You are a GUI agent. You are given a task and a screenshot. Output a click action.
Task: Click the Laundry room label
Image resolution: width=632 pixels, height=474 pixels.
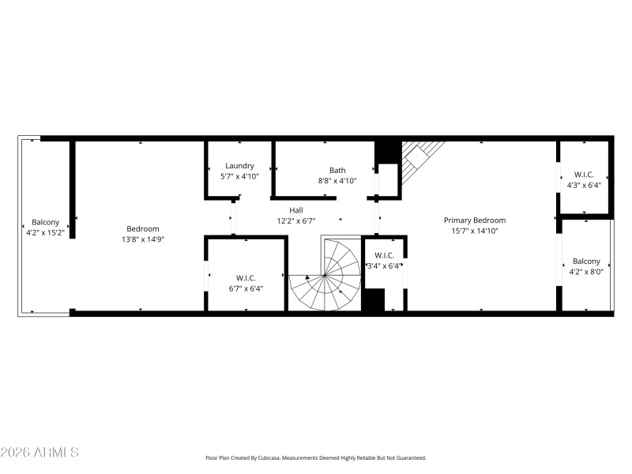[239, 166]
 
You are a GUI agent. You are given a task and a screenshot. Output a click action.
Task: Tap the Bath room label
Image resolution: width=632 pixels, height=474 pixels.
[337, 170]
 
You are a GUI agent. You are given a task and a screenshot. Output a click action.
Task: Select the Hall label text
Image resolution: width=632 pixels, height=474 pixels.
[295, 210]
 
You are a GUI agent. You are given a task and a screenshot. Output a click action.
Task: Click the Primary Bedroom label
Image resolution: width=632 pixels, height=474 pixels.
[474, 220]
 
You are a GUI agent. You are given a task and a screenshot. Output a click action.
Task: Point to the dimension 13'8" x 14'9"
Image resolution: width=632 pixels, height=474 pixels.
[143, 239]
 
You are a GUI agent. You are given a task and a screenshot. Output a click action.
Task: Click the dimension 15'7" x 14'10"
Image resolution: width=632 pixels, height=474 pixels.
[474, 231]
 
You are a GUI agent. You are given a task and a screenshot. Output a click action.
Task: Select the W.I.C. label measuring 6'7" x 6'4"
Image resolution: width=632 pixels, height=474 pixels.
[245, 277]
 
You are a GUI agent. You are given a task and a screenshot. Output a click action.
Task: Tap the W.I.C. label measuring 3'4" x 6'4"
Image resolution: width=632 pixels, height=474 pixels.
[384, 255]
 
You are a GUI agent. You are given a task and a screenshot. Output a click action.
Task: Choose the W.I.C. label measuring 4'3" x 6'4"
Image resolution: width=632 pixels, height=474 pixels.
[584, 175]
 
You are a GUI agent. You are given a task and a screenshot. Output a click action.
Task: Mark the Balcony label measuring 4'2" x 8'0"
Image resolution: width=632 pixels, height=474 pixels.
[586, 261]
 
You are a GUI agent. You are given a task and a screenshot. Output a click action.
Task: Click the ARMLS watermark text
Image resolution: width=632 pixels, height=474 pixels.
[39, 453]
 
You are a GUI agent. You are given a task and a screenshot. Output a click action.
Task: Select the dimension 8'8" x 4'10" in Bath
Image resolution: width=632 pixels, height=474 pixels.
[337, 180]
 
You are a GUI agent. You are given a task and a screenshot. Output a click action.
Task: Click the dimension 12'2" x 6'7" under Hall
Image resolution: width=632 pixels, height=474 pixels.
[295, 221]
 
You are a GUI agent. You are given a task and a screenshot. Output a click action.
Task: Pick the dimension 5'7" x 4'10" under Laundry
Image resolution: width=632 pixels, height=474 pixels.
[239, 176]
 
